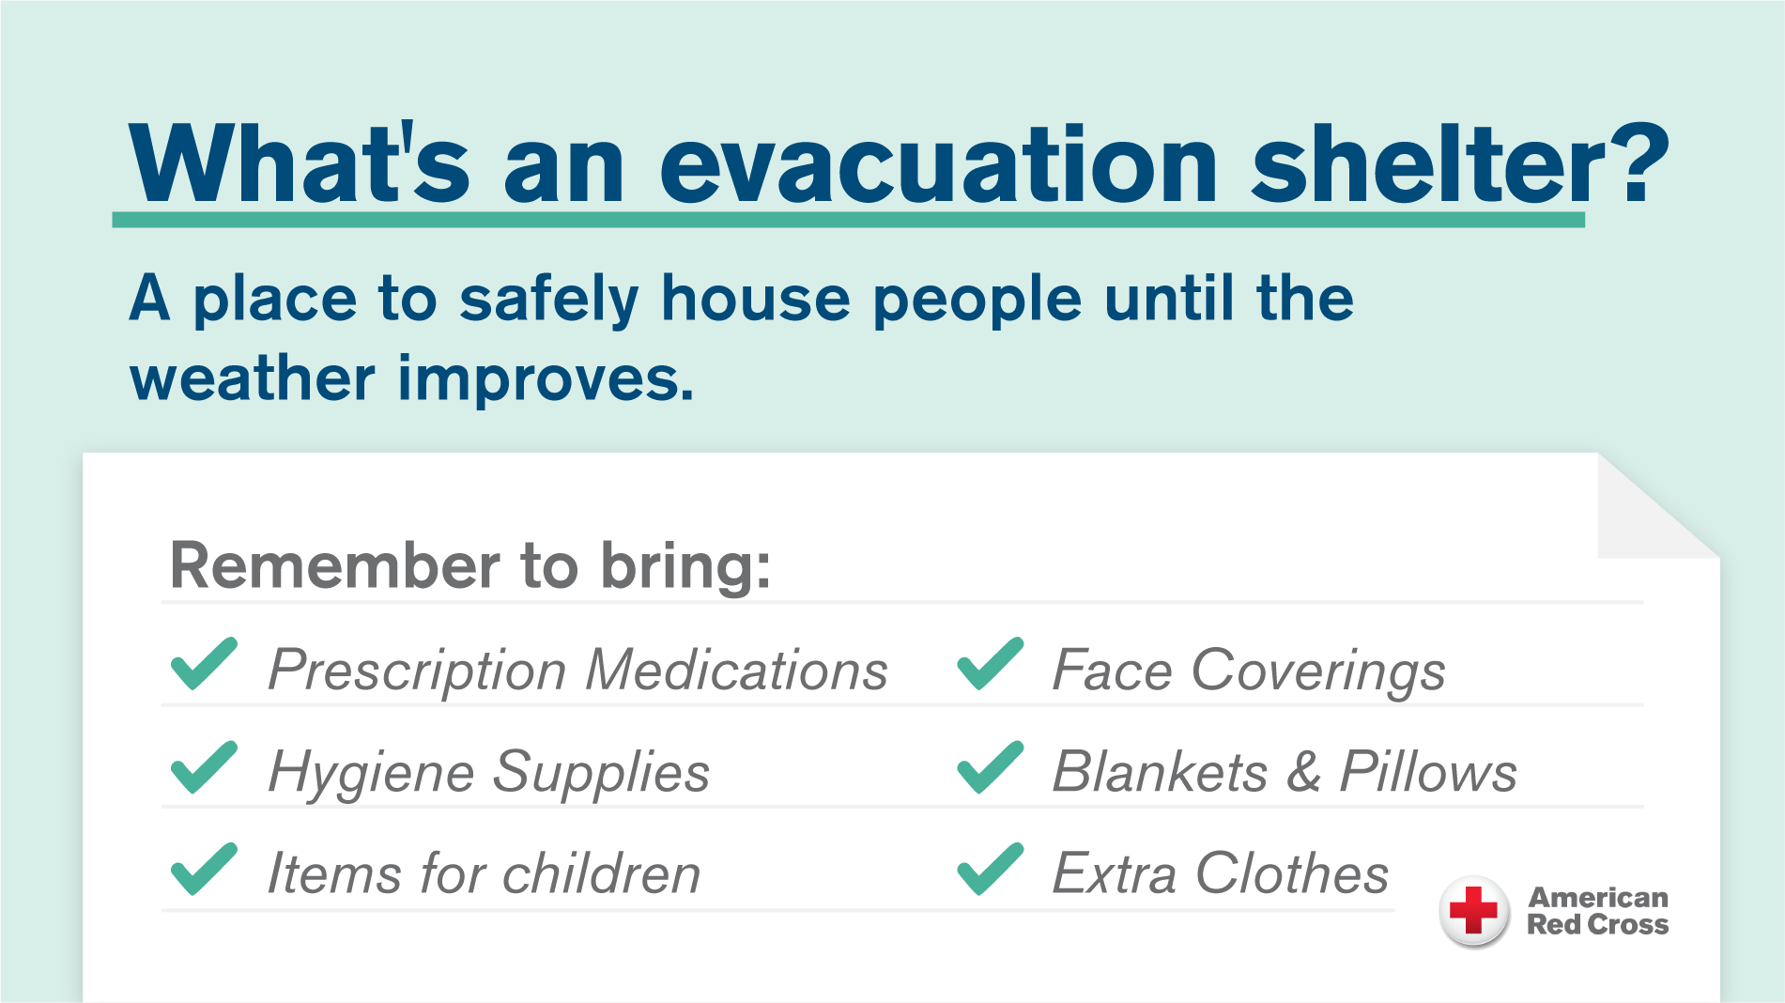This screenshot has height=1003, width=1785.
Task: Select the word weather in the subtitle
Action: pyautogui.click(x=252, y=379)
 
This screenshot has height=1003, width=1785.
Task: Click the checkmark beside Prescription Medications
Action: pyautogui.click(x=204, y=664)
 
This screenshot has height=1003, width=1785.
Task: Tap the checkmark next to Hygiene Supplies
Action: pyautogui.click(x=204, y=767)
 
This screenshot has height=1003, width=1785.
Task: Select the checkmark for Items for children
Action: pyautogui.click(x=204, y=869)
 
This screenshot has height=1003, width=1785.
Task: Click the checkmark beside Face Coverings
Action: pyautogui.click(x=990, y=664)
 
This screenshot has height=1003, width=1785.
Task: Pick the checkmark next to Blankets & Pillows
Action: pyautogui.click(x=990, y=767)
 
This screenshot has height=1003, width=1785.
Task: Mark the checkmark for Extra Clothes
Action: pyautogui.click(x=990, y=869)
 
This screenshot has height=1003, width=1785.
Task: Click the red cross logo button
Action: pyautogui.click(x=1473, y=911)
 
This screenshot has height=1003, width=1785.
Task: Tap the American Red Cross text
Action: pyautogui.click(x=1597, y=911)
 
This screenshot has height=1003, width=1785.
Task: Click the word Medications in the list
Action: pyautogui.click(x=736, y=671)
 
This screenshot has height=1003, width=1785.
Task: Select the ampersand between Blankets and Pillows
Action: pyautogui.click(x=1303, y=772)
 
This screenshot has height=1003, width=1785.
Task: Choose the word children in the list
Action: pyautogui.click(x=601, y=874)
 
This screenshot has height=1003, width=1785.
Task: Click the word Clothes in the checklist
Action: pyautogui.click(x=1291, y=874)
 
